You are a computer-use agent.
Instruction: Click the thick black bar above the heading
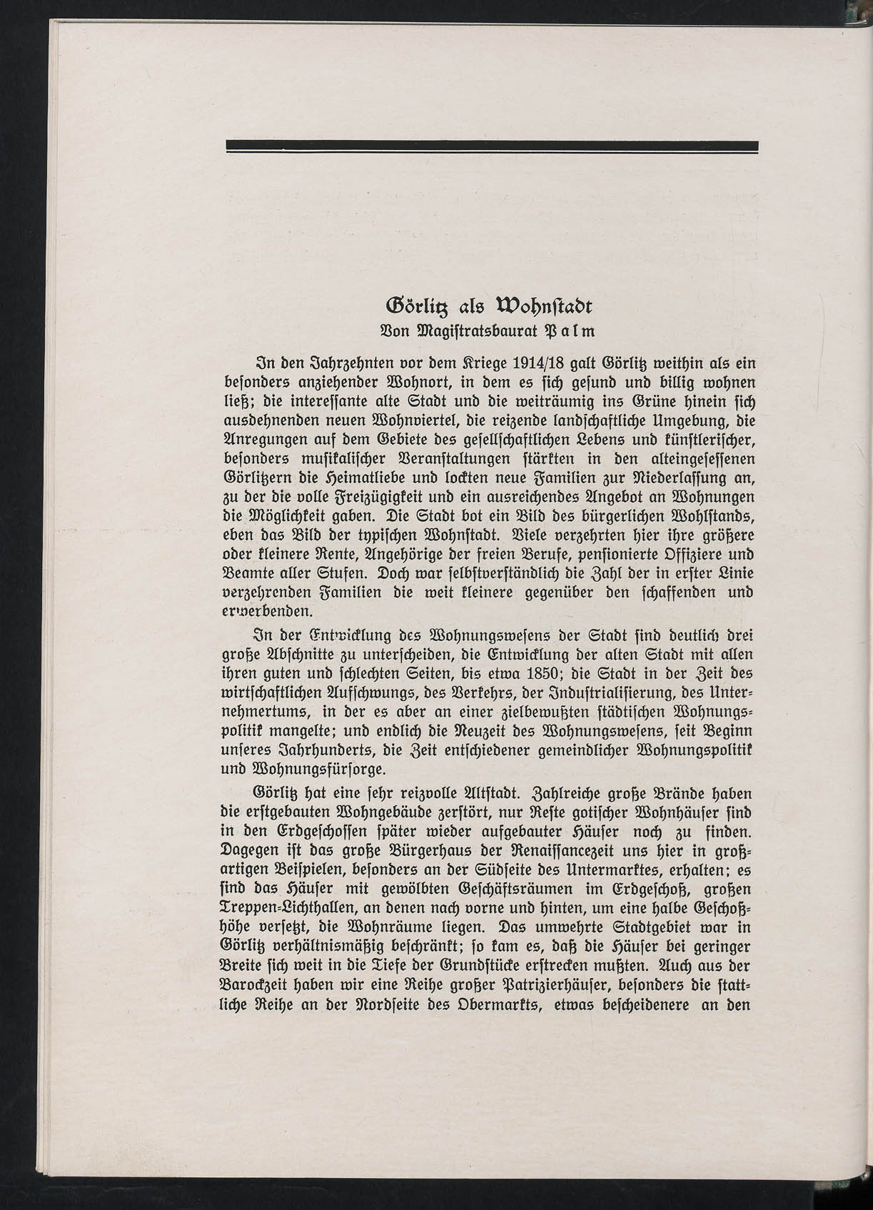492,146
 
